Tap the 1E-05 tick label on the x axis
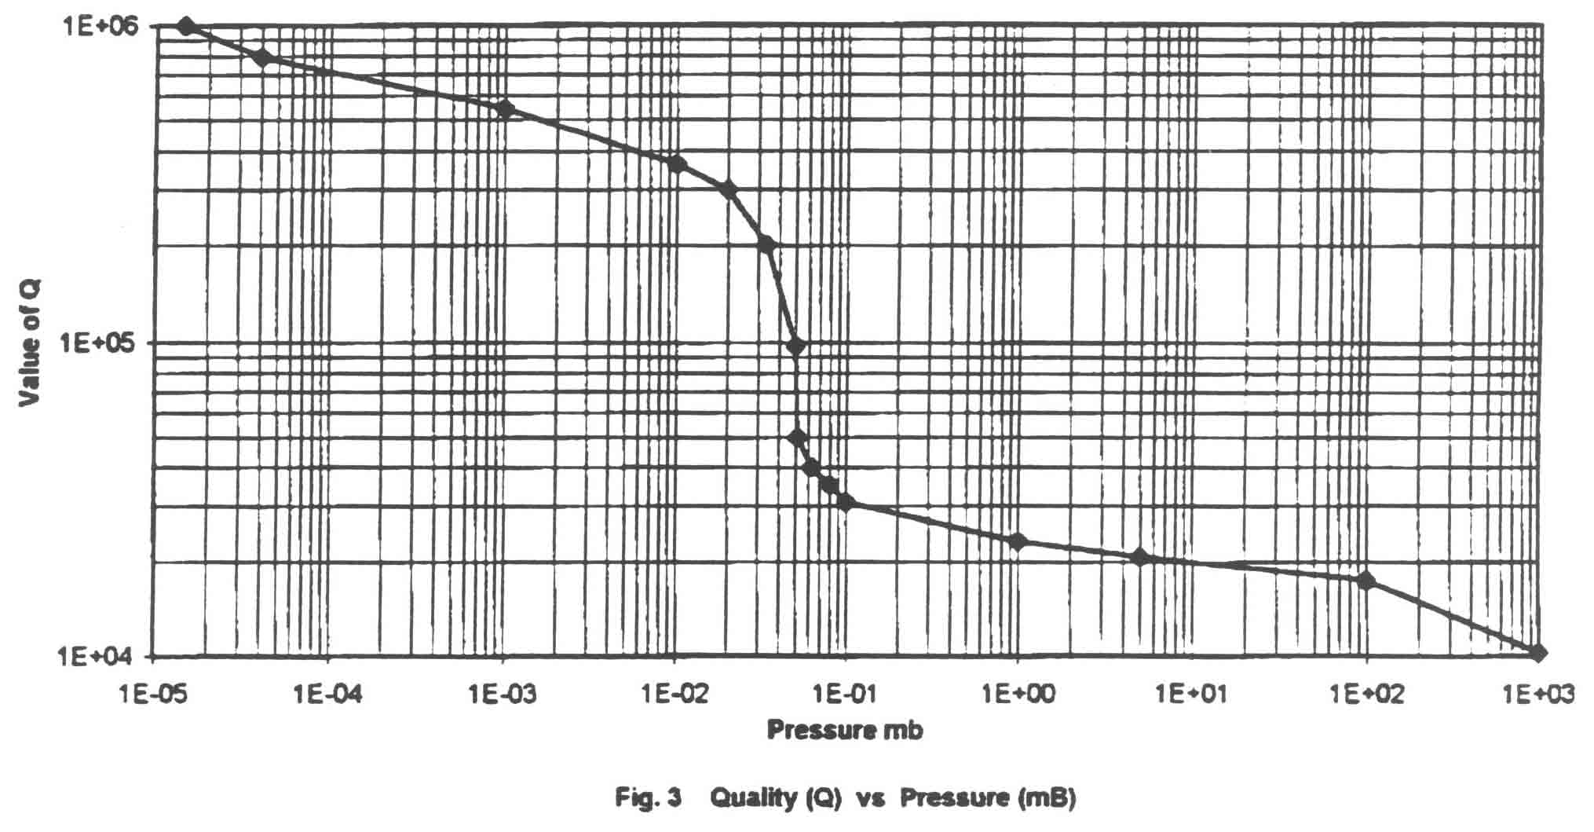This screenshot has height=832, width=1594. pyautogui.click(x=155, y=695)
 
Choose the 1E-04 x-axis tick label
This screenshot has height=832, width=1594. pyautogui.click(x=328, y=695)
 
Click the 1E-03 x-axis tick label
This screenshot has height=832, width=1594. pyautogui.click(x=503, y=695)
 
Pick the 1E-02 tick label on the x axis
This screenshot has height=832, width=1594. pyautogui.click(x=674, y=695)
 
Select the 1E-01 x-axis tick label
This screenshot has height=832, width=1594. pyautogui.click(x=846, y=695)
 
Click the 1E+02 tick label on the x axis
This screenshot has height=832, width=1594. pyautogui.click(x=1368, y=695)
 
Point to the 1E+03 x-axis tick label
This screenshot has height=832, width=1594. pyautogui.click(x=1539, y=695)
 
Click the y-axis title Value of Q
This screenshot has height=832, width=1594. pyautogui.click(x=30, y=343)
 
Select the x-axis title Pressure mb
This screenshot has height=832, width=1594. pyautogui.click(x=845, y=730)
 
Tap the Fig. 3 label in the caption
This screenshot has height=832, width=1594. pyautogui.click(x=649, y=798)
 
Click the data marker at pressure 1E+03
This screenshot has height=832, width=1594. pyautogui.click(x=1538, y=652)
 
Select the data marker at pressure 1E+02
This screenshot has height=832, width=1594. pyautogui.click(x=1366, y=581)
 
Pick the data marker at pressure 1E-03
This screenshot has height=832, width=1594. pyautogui.click(x=506, y=109)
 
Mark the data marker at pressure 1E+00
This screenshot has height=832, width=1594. pyautogui.click(x=1018, y=541)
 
